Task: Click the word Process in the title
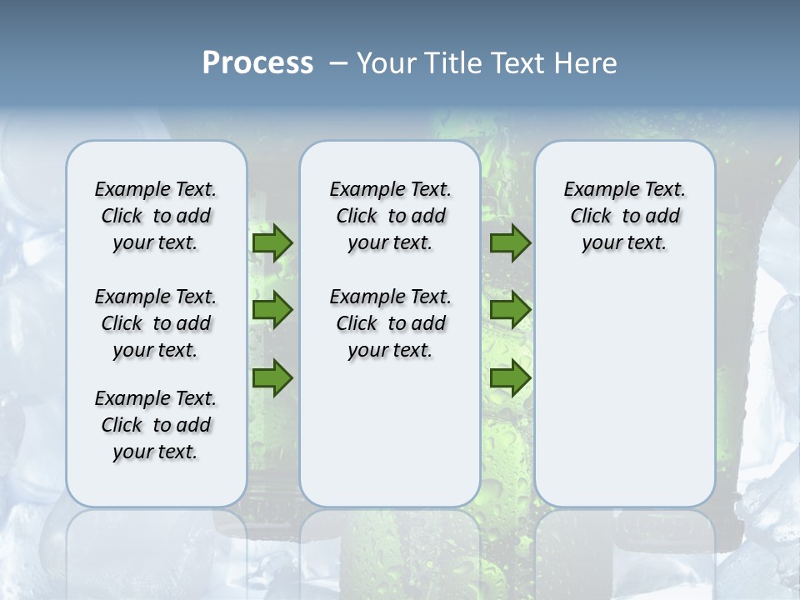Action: [x=257, y=63]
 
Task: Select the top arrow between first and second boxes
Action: [x=272, y=242]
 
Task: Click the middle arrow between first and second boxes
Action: [x=272, y=310]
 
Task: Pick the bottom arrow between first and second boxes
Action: [x=272, y=377]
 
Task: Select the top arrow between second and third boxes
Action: [x=510, y=242]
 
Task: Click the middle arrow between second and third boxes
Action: [x=510, y=310]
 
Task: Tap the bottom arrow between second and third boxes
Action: [x=510, y=377]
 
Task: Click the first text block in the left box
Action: [x=156, y=216]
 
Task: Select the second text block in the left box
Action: [x=156, y=323]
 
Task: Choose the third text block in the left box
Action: [x=156, y=425]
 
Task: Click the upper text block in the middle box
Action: [x=390, y=216]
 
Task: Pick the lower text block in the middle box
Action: [x=390, y=323]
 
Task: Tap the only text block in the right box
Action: [x=625, y=216]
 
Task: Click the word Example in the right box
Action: [x=596, y=190]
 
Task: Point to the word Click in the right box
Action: [x=591, y=217]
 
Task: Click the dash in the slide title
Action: [x=338, y=63]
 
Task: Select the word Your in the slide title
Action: [x=386, y=63]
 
